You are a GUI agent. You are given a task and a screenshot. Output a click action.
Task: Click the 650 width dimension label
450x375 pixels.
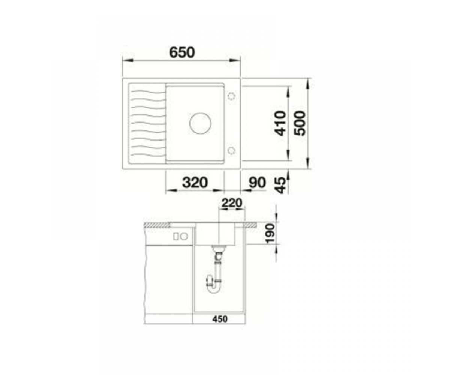(182, 52)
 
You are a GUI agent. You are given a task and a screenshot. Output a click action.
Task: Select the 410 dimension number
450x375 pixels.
(281, 123)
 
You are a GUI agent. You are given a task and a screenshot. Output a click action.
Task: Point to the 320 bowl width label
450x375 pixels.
(195, 182)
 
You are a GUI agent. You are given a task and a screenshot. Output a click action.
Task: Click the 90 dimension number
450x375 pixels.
(257, 182)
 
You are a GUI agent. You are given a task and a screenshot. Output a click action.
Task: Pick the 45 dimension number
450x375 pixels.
(280, 186)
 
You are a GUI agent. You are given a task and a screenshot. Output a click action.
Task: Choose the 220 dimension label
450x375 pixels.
(232, 203)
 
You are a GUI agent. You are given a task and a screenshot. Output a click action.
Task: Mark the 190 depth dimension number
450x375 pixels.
(270, 234)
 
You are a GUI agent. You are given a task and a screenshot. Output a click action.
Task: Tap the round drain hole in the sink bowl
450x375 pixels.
(200, 123)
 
